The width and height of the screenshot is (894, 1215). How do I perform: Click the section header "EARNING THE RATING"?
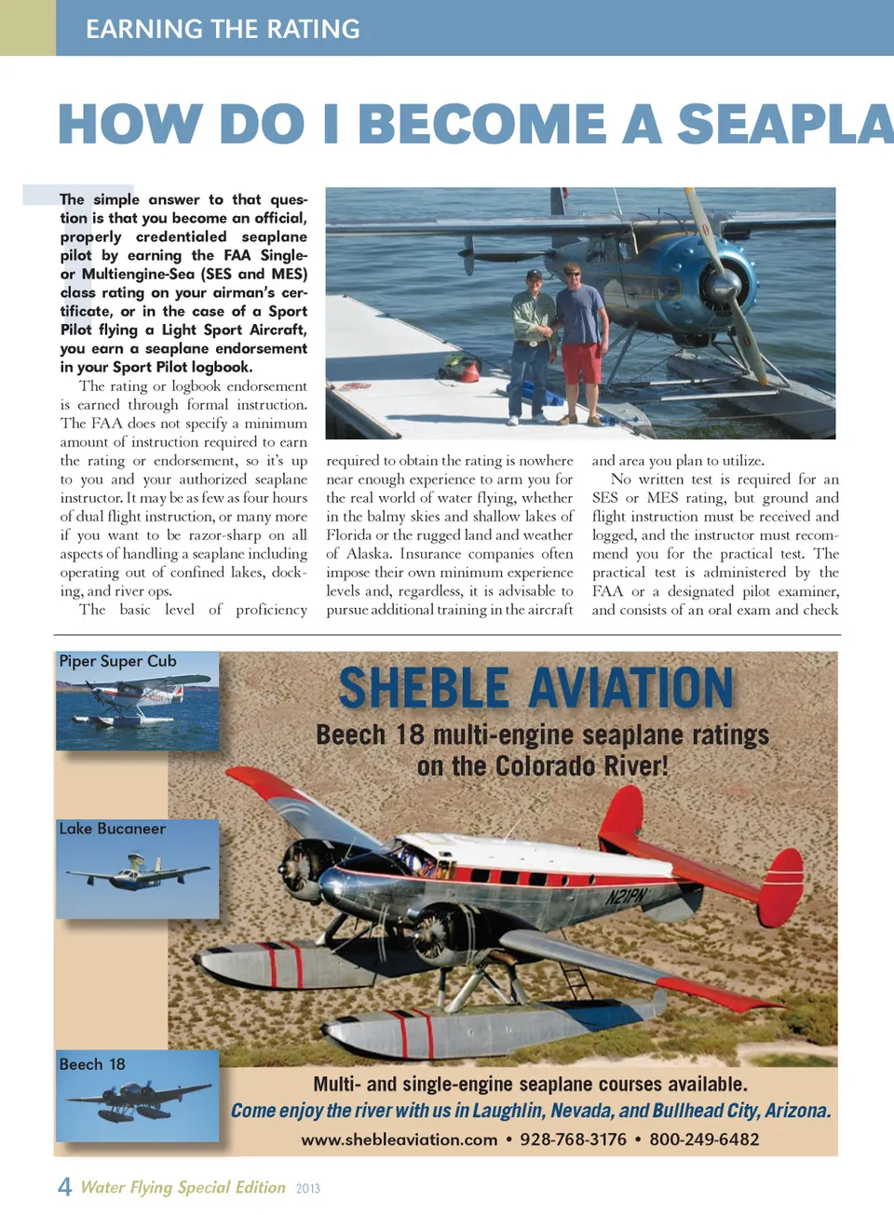pos(223,29)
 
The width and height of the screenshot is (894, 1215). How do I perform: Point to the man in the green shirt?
pos(534,340)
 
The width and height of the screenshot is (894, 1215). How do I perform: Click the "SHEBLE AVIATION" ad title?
pos(535,688)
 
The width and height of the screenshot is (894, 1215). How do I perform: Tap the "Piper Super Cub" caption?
pos(117,661)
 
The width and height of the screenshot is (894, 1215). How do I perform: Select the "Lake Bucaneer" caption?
pos(112,829)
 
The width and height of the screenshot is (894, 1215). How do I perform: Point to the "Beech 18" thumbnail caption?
pos(91,1064)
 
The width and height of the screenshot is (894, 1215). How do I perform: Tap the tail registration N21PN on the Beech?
pos(626,897)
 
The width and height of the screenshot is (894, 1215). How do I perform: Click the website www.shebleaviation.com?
pos(399,1140)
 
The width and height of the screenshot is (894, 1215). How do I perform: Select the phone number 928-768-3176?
pos(573,1140)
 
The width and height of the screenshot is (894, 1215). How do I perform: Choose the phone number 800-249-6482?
pos(704,1140)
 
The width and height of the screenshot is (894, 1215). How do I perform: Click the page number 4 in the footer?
pos(64,1187)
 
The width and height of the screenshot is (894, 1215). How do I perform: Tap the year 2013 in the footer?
pos(307,1189)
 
